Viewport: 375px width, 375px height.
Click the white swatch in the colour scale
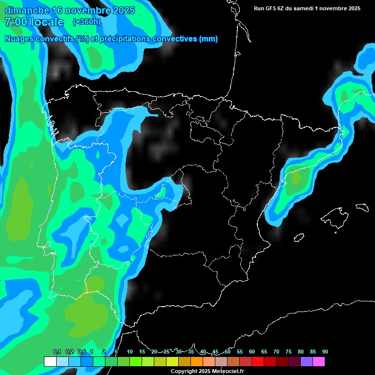[50, 361]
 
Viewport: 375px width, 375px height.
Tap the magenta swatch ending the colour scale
[319, 361]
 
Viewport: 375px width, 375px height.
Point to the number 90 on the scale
[325, 352]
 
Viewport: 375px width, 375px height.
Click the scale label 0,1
[57, 352]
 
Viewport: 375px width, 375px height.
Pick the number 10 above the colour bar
[130, 352]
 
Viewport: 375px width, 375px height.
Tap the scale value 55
[240, 352]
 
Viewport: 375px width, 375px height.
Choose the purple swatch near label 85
[307, 361]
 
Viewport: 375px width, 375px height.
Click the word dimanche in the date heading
[27, 10]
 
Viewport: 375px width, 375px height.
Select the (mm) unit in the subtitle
[208, 39]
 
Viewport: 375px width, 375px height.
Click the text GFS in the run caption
[272, 8]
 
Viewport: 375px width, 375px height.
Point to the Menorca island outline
[362, 207]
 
